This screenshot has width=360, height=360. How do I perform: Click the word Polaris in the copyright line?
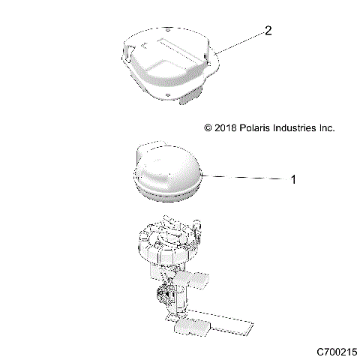point(258,128)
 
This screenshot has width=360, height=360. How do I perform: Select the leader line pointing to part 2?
point(240,43)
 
